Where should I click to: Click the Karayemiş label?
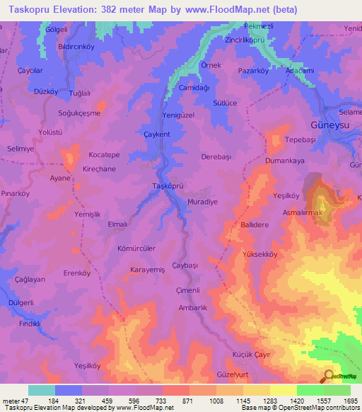(x=148, y=270)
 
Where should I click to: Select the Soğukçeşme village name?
(x=79, y=113)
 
